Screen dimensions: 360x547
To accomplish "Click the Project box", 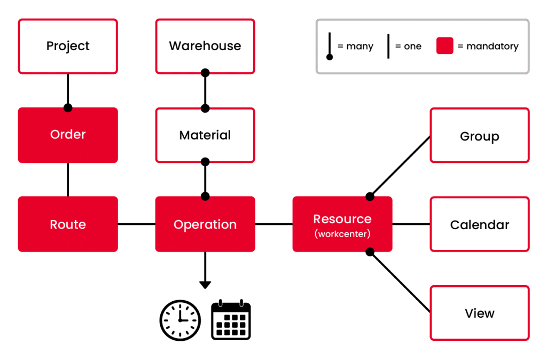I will (x=68, y=46).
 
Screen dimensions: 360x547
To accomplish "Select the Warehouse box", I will (x=205, y=46).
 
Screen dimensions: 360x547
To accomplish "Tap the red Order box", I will (x=68, y=135).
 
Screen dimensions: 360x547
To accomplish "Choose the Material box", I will (x=205, y=135).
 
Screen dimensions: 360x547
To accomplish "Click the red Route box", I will (x=68, y=224).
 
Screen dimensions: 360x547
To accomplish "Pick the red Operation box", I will (x=205, y=224).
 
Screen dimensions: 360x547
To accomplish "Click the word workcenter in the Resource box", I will (x=342, y=234).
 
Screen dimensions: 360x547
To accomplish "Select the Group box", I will (x=479, y=136).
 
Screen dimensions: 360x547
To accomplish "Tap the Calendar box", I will (x=479, y=225).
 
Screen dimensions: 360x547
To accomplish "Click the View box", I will (x=479, y=314).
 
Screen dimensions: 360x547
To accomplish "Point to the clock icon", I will (x=181, y=320).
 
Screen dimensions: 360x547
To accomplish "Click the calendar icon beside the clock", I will (x=231, y=320).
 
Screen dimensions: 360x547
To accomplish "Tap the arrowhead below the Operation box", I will (x=205, y=285).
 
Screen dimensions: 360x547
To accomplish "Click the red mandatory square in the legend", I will (x=444, y=46).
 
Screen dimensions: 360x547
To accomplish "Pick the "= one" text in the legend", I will (x=408, y=46).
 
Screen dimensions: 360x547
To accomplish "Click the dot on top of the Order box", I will (x=68, y=107).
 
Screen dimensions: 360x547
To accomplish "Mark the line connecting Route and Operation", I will (x=136, y=224).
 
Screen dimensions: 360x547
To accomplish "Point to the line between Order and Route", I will (x=68, y=179).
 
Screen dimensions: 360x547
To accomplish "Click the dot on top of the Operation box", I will (x=205, y=196).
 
